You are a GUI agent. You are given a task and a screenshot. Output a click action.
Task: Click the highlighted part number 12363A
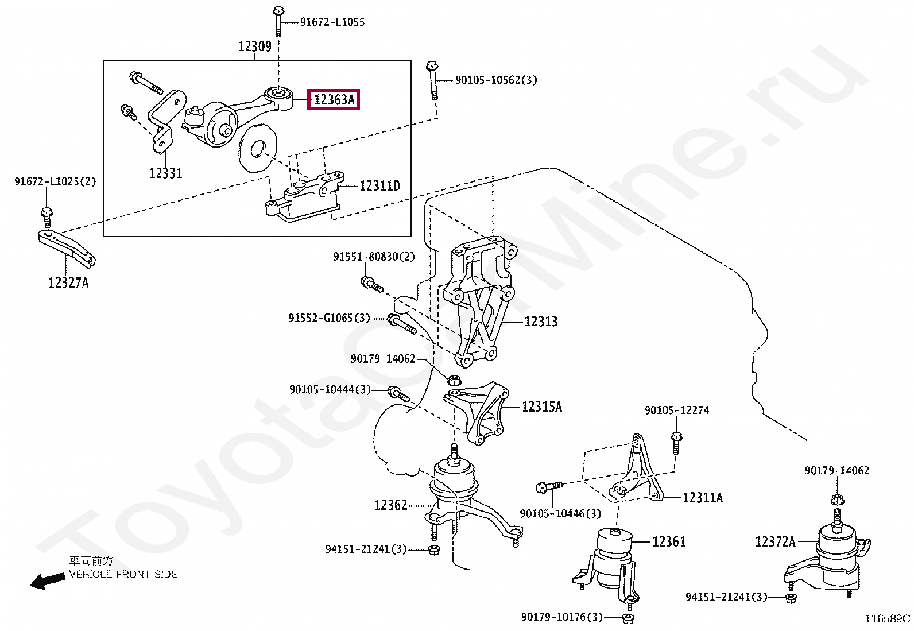pyautogui.click(x=334, y=99)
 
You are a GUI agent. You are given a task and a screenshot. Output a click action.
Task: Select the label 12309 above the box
pyautogui.click(x=254, y=47)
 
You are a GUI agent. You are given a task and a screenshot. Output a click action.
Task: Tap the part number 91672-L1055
pyautogui.click(x=332, y=22)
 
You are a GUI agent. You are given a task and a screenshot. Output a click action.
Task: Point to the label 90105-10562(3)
pyautogui.click(x=496, y=80)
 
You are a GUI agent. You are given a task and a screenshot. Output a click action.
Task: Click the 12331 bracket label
pyautogui.click(x=165, y=173)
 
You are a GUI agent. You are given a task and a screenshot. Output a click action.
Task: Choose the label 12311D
pyautogui.click(x=379, y=186)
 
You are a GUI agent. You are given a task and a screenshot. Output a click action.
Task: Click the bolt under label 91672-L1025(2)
pyautogui.click(x=47, y=217)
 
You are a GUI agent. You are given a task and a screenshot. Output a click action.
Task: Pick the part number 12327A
pyautogui.click(x=68, y=282)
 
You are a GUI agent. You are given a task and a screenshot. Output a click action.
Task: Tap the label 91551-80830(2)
pyautogui.click(x=374, y=257)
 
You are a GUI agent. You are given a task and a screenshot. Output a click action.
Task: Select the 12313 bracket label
pyautogui.click(x=541, y=322)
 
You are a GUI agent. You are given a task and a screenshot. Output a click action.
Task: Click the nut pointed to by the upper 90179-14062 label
pyautogui.click(x=454, y=380)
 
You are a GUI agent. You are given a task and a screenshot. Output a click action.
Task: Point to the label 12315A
pyautogui.click(x=541, y=407)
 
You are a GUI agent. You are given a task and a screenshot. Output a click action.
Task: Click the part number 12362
pyautogui.click(x=390, y=505)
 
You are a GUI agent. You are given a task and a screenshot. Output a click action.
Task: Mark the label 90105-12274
pyautogui.click(x=677, y=411)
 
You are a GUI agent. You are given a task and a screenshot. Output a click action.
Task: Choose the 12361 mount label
pyautogui.click(x=669, y=542)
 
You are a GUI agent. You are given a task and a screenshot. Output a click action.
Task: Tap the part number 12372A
pyautogui.click(x=775, y=542)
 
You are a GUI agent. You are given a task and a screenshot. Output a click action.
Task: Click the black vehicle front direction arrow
pyautogui.click(x=48, y=580)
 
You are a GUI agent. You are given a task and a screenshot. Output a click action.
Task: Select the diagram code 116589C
pyautogui.click(x=888, y=619)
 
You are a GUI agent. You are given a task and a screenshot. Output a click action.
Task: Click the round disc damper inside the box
pyautogui.click(x=257, y=148)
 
